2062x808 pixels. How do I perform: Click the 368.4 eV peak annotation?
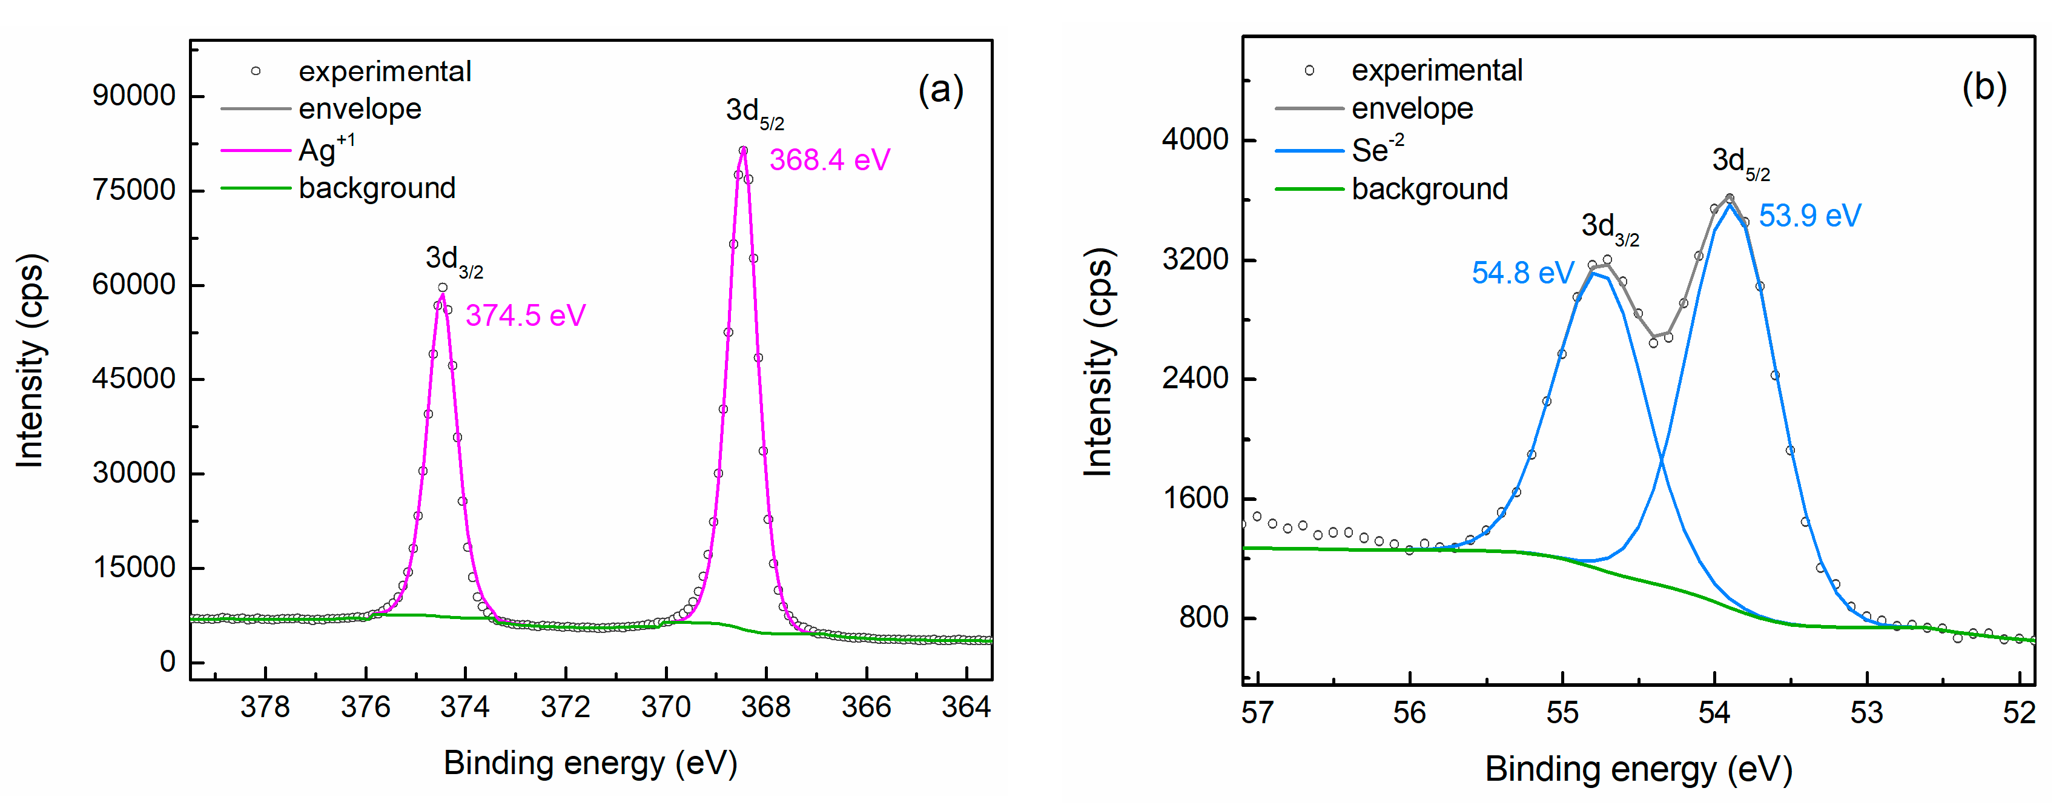[829, 160]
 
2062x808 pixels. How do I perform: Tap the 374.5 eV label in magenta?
[525, 316]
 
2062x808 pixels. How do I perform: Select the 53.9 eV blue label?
[1809, 216]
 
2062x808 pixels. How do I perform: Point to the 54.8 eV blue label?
[1522, 273]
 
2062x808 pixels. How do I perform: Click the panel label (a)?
[940, 89]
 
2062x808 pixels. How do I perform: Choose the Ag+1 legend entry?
[326, 150]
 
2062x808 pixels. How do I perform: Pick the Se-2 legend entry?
[1377, 150]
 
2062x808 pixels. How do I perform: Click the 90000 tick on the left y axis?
[134, 95]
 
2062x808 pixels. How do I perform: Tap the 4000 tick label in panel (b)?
[1194, 139]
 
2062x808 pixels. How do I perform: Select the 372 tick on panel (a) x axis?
[565, 707]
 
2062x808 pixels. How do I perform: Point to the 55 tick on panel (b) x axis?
[1562, 712]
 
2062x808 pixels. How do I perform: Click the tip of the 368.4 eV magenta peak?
[743, 151]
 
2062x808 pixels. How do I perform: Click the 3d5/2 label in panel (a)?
[754, 112]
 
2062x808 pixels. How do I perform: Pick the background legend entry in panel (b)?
[1429, 189]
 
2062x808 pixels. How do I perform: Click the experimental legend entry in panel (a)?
[384, 71]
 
